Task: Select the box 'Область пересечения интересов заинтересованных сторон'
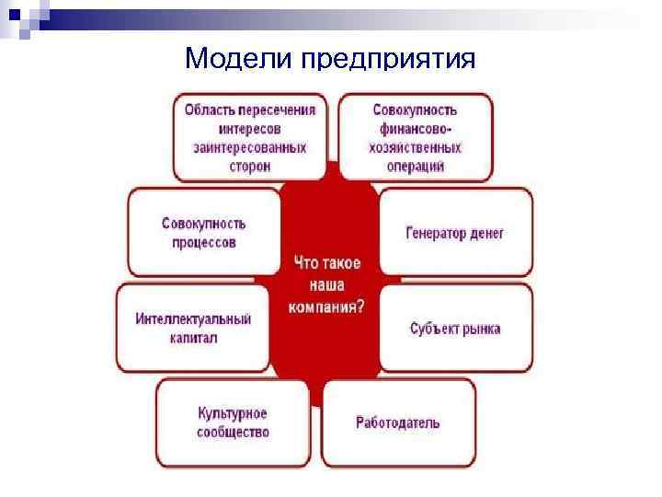coord(250,137)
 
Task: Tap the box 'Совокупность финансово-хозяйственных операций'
coord(417,137)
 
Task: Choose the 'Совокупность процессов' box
coord(204,233)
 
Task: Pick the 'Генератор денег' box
coord(455,233)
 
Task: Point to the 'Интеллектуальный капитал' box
coord(193,329)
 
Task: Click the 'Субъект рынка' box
coord(455,329)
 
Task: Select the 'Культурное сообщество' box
coord(233,423)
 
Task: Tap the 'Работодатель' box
coord(398,423)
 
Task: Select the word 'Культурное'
coord(233,414)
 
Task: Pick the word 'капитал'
coord(193,339)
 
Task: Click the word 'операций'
coord(417,167)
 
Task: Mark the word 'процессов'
coord(204,243)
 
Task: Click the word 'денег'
coord(485,233)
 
